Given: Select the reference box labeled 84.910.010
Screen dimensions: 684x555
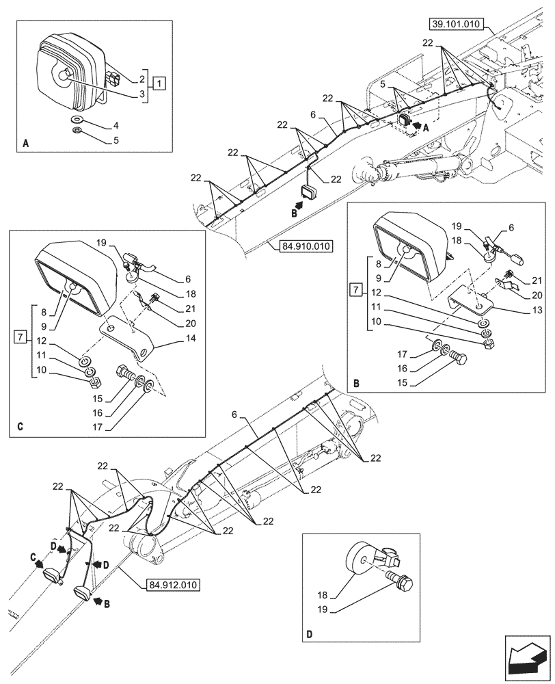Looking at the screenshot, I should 305,246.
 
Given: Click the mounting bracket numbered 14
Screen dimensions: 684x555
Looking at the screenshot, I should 130,340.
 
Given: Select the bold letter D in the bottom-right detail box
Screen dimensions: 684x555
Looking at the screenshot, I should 310,633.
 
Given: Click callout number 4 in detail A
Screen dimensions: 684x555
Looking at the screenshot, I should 116,125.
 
